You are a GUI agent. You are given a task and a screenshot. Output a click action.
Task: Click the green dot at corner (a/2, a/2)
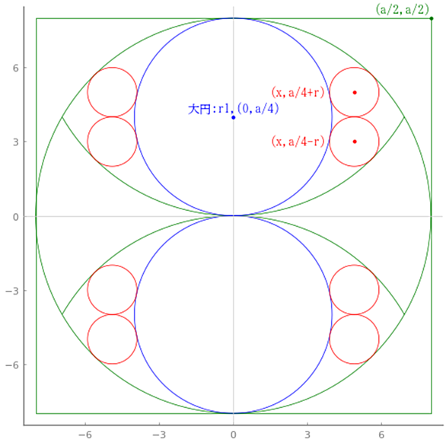[x=432, y=18]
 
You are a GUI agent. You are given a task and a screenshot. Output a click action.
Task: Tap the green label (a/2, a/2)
[x=402, y=9]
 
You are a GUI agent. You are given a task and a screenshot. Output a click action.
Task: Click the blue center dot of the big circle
[x=234, y=117]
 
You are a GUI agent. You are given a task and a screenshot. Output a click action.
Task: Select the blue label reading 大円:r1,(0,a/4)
[x=233, y=109]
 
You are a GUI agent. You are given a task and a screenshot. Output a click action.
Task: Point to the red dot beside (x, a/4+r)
[x=355, y=92]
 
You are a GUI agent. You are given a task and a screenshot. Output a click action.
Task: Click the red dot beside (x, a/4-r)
[x=355, y=142]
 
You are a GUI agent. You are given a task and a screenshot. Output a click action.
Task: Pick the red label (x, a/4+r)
[x=298, y=93]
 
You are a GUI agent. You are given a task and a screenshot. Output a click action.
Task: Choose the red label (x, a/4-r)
[x=298, y=142]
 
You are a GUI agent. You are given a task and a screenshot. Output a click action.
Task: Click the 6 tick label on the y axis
[x=16, y=68]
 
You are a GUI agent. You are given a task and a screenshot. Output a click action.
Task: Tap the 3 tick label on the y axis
[x=16, y=142]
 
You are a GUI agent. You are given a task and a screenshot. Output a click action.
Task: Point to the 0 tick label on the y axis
[x=16, y=217]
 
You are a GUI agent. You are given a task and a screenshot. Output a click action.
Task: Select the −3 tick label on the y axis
[x=12, y=291]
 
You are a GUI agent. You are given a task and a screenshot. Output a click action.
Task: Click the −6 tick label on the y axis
[x=12, y=365]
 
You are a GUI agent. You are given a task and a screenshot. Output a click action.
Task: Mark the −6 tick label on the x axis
[x=85, y=435]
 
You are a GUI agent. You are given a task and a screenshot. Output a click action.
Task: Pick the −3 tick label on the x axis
[x=160, y=435]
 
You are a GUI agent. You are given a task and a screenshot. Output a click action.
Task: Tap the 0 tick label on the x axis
[x=234, y=435]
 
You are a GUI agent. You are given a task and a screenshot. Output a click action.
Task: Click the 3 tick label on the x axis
[x=307, y=435]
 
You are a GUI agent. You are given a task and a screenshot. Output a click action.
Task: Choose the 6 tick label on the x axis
[x=381, y=435]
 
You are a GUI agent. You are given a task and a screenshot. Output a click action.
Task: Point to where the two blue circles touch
[x=234, y=216]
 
